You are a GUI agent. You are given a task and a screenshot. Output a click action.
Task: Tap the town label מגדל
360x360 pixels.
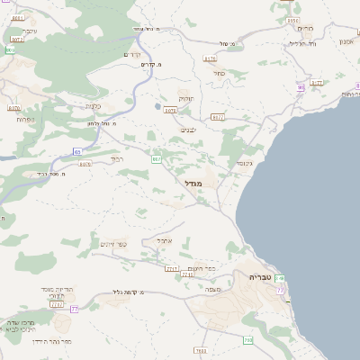click(193, 184)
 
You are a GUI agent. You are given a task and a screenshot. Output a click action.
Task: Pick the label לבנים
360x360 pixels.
click(188, 130)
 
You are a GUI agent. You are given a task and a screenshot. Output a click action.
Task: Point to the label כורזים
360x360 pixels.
click(303, 28)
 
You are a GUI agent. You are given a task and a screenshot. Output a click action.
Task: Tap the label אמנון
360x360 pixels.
click(346, 41)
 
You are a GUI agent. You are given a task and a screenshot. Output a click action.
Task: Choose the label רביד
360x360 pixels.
click(118, 159)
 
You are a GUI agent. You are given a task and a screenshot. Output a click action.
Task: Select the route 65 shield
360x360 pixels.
click(77, 151)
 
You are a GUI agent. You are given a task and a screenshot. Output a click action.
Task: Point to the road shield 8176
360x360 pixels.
click(211, 58)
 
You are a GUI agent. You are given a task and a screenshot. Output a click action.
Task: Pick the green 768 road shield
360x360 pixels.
click(247, 340)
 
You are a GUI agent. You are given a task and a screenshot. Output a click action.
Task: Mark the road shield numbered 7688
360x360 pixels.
click(200, 350)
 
